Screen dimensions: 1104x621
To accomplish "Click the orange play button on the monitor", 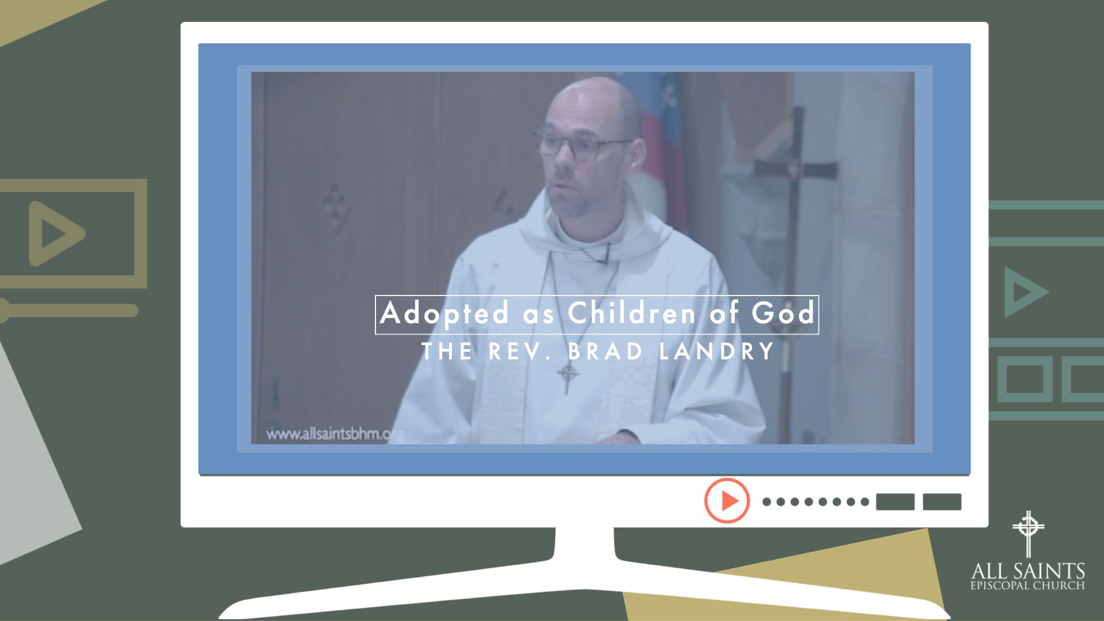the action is [x=727, y=500].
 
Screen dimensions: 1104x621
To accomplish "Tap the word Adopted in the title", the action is [x=444, y=314].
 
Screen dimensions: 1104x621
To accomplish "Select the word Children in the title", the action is [x=632, y=313].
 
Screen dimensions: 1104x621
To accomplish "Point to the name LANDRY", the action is [x=717, y=351].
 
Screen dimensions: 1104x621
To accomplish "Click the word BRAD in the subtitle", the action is [x=605, y=351].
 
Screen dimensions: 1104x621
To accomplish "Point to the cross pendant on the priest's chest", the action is [x=568, y=377].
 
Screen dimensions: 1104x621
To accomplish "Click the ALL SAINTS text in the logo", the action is [x=1028, y=571].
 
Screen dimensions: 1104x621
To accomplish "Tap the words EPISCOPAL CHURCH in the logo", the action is [x=1028, y=586].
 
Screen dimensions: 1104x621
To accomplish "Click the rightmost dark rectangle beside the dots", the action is [x=942, y=502].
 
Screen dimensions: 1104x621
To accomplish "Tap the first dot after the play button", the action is [x=766, y=502].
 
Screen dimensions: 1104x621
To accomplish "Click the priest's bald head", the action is [x=592, y=101].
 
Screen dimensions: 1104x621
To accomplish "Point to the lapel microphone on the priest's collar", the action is [x=604, y=253].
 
